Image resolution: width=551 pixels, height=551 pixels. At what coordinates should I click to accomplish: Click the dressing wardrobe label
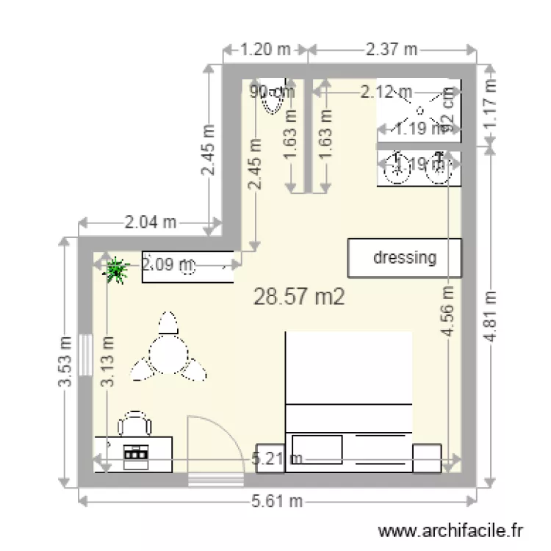405,258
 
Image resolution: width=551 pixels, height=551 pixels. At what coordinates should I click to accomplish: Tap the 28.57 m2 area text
298,296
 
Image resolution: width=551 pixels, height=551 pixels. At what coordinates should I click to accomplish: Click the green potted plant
115,271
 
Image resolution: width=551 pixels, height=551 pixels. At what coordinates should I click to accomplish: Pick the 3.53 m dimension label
66,364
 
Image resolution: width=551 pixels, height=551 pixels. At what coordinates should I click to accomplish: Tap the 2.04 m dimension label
150,221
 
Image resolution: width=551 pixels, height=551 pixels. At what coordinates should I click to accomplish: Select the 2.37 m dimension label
391,50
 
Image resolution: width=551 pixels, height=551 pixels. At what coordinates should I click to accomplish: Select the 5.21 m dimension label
277,460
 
